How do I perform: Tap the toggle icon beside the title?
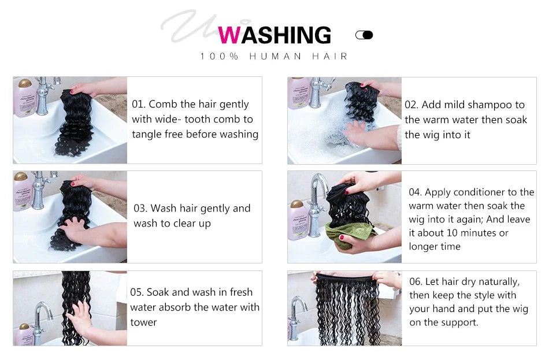[x=364, y=35]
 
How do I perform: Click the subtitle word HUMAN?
[x=274, y=56]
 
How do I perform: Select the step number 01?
[x=138, y=105]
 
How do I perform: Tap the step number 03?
[x=140, y=209]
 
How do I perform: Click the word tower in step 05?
[x=143, y=322]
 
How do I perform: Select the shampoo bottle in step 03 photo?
[x=23, y=191]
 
